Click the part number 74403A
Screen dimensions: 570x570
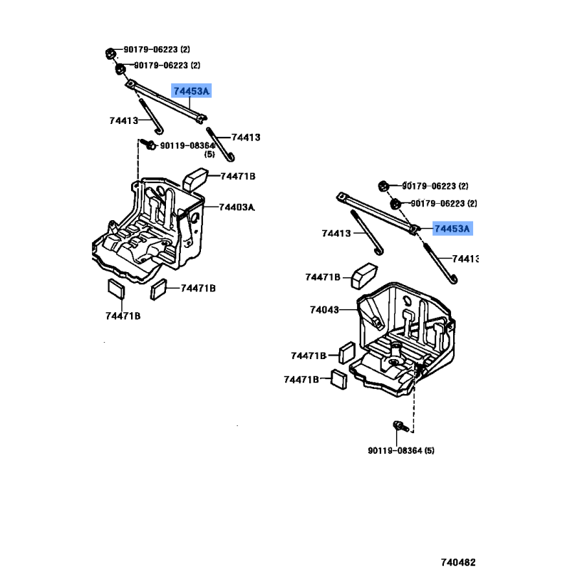[236, 207]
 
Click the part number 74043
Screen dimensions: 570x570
[324, 310]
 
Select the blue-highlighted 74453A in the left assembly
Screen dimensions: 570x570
[192, 91]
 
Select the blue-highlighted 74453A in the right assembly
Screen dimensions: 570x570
[452, 229]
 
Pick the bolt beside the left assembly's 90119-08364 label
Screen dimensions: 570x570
[150, 145]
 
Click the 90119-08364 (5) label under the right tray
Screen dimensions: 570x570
[401, 450]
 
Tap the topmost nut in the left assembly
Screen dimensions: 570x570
[110, 52]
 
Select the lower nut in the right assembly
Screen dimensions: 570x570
[395, 204]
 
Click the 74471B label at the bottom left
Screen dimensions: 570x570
[123, 316]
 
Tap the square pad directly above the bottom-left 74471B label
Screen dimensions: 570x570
[115, 288]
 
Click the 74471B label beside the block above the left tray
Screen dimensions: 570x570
[237, 176]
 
